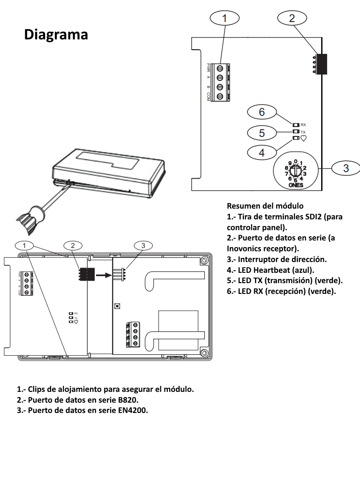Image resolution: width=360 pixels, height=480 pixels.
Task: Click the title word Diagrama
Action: pos(56,34)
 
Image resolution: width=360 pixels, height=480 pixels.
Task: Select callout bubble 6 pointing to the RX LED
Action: pos(262,112)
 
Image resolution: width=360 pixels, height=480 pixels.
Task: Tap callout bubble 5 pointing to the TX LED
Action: pos(262,133)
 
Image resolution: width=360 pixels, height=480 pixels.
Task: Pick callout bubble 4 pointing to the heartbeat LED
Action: pos(262,152)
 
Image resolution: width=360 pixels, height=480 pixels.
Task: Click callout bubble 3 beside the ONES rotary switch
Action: pos(346,168)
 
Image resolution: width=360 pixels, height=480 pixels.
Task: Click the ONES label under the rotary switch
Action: pos(296,185)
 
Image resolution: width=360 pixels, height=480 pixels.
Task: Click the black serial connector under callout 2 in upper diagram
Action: pos(321,64)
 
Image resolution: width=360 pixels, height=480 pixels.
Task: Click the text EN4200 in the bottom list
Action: pos(133,410)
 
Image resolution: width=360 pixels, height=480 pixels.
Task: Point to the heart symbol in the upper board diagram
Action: pos(303,138)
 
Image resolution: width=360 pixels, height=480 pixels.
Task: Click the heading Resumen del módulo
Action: pos(265,206)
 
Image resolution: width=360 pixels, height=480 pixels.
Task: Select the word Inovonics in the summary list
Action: pos(246,248)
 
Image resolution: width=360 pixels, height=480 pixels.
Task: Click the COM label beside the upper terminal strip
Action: pos(208,97)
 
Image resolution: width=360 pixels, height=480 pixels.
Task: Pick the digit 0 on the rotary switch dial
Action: pos(296,161)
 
